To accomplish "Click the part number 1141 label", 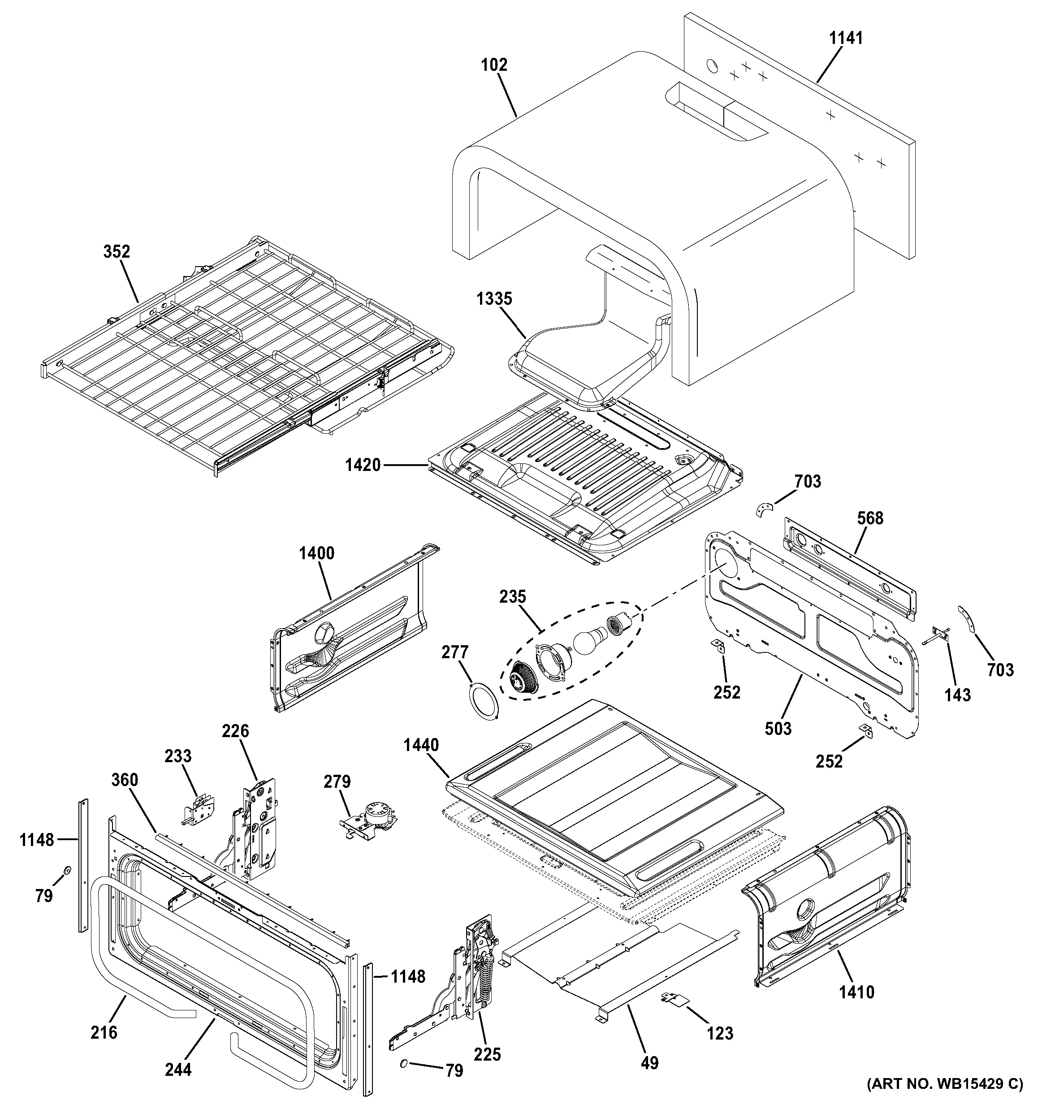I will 846,38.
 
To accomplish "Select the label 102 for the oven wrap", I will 494,65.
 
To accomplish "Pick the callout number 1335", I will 494,298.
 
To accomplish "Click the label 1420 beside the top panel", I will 363,464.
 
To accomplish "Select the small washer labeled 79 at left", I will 66,870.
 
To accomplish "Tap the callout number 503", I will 778,728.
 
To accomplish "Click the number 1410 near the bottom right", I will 857,992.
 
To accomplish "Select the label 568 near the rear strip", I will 870,518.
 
